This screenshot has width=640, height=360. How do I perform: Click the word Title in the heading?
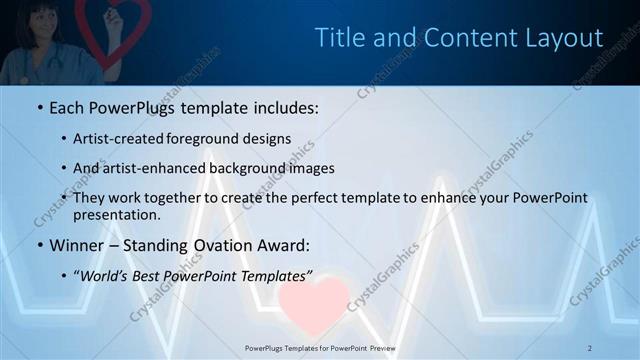tap(338, 38)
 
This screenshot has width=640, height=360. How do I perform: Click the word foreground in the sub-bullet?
tap(205, 138)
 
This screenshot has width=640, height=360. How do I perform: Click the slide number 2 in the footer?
tap(590, 347)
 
